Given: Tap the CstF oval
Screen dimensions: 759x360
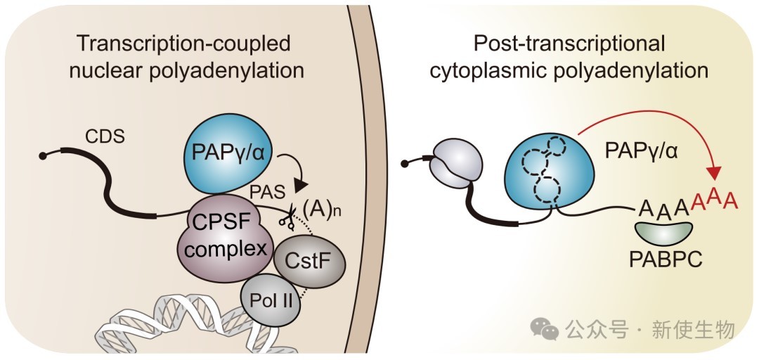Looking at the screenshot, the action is (310, 261).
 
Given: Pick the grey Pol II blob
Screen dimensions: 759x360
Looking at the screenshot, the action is (271, 300).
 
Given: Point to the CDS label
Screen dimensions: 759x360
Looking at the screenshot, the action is (105, 137).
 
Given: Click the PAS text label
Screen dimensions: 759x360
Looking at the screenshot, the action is (267, 192).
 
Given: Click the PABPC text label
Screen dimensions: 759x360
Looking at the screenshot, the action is (666, 260).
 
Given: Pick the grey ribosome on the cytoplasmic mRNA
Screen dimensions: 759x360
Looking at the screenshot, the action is (455, 163).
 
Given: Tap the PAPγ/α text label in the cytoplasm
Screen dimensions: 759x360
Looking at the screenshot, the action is (642, 152).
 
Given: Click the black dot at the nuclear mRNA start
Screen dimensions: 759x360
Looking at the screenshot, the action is (43, 155).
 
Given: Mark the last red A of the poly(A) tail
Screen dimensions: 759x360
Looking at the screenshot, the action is (731, 200).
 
